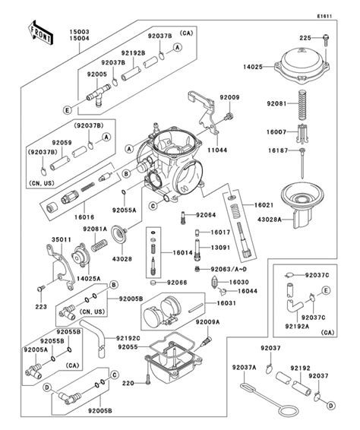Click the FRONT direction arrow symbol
click(41, 32)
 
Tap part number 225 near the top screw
click(305, 37)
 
